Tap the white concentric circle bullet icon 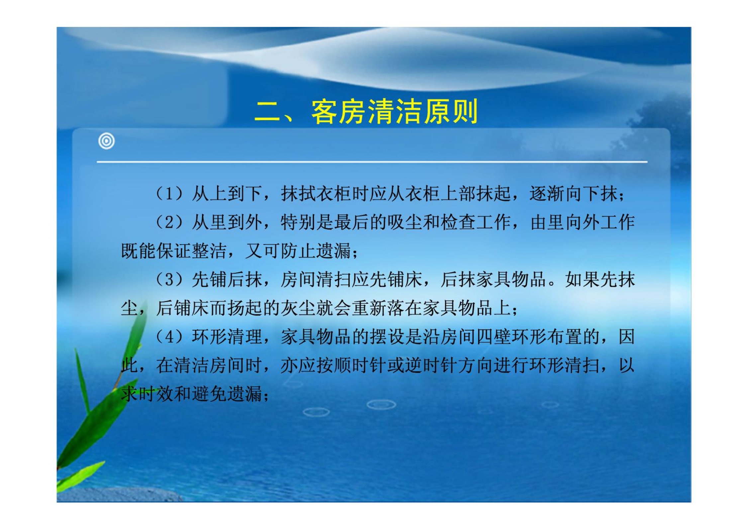[x=107, y=141]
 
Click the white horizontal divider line [x=372, y=162]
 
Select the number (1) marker [x=169, y=194]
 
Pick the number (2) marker [x=169, y=222]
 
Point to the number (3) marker [x=169, y=279]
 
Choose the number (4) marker [x=169, y=337]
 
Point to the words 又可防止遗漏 [x=298, y=251]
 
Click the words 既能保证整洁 [x=173, y=251]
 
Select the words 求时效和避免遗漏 [x=191, y=394]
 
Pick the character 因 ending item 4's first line [x=626, y=337]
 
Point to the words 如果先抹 [x=600, y=279]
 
